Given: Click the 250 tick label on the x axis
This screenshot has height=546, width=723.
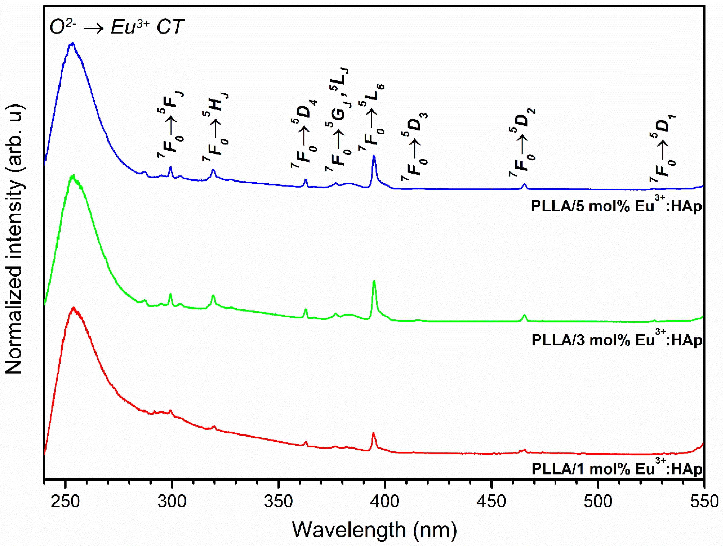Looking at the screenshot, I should coord(65,501).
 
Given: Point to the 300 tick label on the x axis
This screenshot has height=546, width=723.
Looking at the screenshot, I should coord(172,501).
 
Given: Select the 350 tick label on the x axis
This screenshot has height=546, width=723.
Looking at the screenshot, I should coord(278,501).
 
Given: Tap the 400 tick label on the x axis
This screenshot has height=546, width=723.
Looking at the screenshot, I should coord(385,501).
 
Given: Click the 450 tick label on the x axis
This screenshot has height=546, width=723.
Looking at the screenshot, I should coord(491,501).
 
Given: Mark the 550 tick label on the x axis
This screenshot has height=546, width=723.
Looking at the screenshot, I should coord(704,501).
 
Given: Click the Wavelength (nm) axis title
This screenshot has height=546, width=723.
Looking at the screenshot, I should coord(374,530).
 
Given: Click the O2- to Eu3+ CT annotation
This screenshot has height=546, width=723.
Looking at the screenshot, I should coord(117,27).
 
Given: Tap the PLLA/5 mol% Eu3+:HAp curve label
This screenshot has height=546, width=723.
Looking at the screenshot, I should coord(616,206).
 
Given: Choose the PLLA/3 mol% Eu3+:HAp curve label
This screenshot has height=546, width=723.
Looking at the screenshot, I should coord(616,340).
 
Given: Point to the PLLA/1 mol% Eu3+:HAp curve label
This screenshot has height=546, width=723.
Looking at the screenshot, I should coord(616,468).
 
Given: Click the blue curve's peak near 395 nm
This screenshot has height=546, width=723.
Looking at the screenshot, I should coord(374,156).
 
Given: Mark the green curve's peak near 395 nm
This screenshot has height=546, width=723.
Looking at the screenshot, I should coord(374,281).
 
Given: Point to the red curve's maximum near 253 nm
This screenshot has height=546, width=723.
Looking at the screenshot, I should coord(74,308).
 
